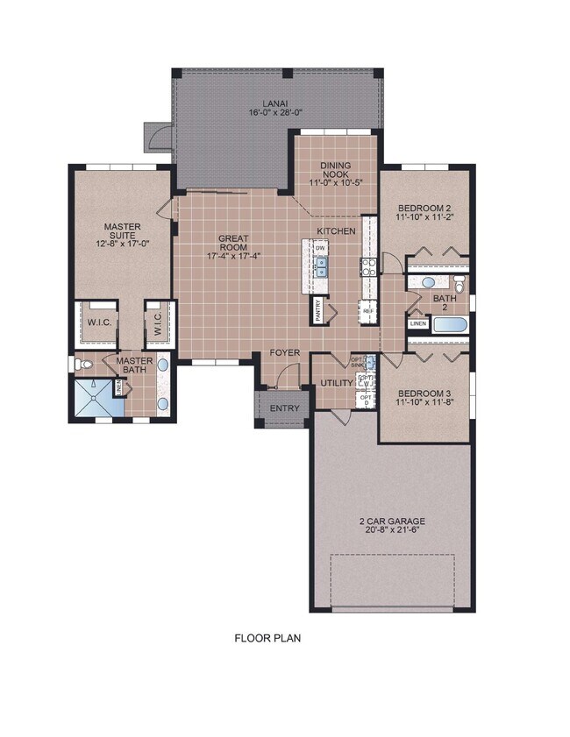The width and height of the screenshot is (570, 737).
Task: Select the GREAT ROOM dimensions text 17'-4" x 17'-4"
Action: click(234, 257)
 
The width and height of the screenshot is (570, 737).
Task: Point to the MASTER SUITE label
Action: click(123, 231)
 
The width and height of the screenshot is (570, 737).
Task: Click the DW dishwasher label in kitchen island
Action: click(322, 248)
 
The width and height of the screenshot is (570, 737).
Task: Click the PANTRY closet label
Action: click(315, 311)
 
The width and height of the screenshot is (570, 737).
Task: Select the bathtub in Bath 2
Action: click(449, 325)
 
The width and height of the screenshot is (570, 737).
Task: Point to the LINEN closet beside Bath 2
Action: click(417, 324)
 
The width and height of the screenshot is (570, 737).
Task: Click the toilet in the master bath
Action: click(80, 364)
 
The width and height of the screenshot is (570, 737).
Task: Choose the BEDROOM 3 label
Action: click(424, 393)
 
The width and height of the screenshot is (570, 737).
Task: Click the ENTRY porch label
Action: click(284, 408)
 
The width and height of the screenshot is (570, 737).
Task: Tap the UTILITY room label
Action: click(337, 383)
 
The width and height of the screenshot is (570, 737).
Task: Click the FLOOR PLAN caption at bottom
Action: click(267, 638)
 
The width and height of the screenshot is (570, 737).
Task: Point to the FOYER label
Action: click(284, 353)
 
